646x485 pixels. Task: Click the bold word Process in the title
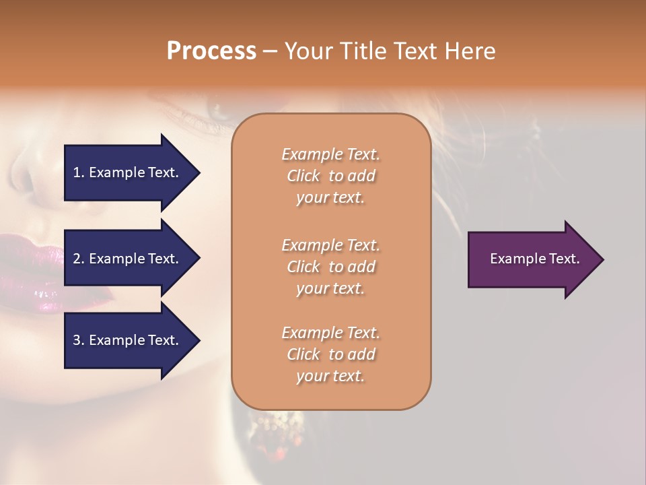[211, 51]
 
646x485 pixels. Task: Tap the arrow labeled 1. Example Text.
[131, 172]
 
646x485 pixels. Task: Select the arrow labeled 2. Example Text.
[131, 259]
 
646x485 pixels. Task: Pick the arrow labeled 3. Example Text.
[131, 340]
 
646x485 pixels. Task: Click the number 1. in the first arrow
[79, 172]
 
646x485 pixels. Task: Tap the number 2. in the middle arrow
[79, 259]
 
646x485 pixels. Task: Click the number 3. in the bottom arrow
[79, 340]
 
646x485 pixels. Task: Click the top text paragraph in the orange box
[330, 176]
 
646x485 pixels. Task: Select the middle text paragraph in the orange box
[330, 267]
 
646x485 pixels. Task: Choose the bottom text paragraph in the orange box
[330, 354]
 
